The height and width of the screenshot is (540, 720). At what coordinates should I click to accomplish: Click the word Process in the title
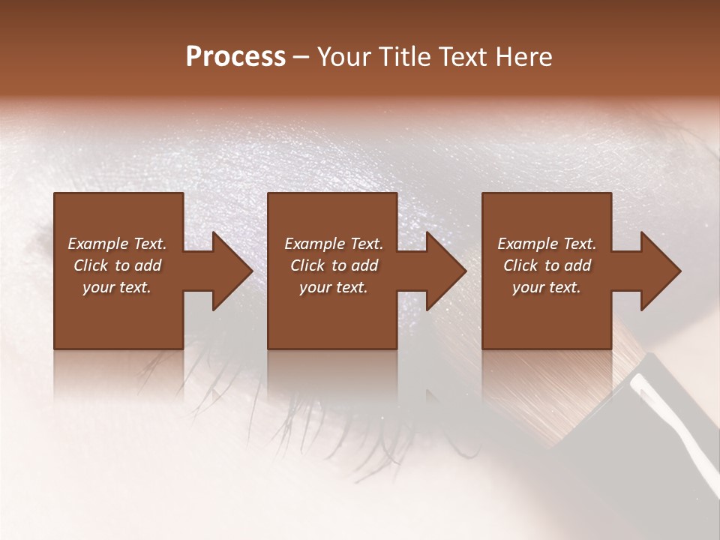tap(235, 57)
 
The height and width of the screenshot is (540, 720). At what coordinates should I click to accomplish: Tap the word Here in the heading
tap(523, 57)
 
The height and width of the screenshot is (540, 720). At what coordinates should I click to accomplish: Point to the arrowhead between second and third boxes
tap(445, 271)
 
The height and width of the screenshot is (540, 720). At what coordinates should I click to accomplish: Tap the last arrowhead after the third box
tap(660, 271)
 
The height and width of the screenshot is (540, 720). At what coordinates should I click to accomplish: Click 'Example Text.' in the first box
tap(117, 244)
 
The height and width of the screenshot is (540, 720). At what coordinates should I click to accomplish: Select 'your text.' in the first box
tap(117, 287)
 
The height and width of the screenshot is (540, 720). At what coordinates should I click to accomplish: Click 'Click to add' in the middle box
tap(334, 265)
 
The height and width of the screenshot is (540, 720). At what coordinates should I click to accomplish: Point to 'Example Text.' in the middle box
tap(334, 244)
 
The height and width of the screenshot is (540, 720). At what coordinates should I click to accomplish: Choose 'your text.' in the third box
tap(547, 287)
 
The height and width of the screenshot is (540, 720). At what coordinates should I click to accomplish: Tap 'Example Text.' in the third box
tap(547, 244)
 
